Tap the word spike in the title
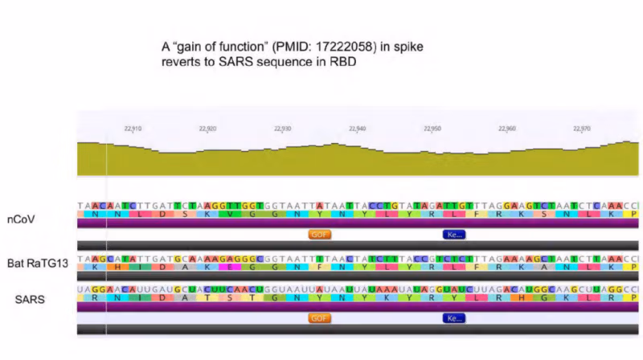(x=407, y=47)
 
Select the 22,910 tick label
(x=133, y=128)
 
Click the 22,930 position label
(x=283, y=128)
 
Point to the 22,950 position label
(x=432, y=128)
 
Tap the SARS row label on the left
(x=30, y=299)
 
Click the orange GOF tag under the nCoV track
(x=320, y=235)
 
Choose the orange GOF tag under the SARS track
(x=320, y=318)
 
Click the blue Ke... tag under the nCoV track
(x=454, y=235)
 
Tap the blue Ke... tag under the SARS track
(x=454, y=318)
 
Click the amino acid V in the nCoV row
(x=230, y=217)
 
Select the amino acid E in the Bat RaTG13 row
(x=230, y=267)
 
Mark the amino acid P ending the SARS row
(x=635, y=297)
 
